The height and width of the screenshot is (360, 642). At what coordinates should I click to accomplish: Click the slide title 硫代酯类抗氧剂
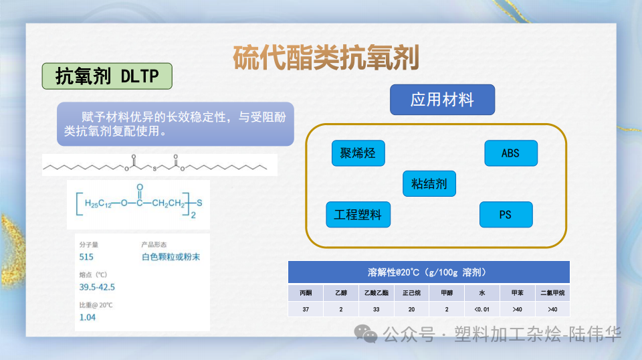[326, 58]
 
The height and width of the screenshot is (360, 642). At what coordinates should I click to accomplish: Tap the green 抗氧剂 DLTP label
[107, 76]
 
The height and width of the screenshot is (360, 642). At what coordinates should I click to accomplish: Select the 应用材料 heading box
[442, 100]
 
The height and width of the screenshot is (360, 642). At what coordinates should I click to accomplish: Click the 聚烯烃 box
[358, 153]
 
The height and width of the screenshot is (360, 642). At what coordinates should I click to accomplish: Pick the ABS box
[510, 153]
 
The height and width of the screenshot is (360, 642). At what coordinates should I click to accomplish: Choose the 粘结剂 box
[429, 183]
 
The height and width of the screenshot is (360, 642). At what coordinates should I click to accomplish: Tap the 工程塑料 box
[358, 215]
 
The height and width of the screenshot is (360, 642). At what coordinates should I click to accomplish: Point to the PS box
[506, 215]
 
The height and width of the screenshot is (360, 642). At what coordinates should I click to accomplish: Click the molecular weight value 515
[86, 256]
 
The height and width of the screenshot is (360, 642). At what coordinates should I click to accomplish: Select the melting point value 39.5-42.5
[97, 287]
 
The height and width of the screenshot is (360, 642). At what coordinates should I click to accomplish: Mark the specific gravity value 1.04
[88, 317]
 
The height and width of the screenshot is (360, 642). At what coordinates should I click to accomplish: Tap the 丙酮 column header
[306, 293]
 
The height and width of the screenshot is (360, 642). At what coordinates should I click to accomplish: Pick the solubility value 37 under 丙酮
[306, 309]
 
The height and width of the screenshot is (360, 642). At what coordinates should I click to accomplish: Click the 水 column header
[481, 293]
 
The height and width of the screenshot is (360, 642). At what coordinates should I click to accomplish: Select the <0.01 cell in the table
[481, 309]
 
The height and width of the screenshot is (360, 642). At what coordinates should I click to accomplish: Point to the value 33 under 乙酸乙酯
[376, 309]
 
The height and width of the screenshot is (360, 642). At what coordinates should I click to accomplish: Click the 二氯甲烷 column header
[552, 293]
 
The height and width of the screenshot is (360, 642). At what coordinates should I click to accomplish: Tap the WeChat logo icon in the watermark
[366, 333]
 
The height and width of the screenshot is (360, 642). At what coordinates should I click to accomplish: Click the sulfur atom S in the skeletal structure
[154, 169]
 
